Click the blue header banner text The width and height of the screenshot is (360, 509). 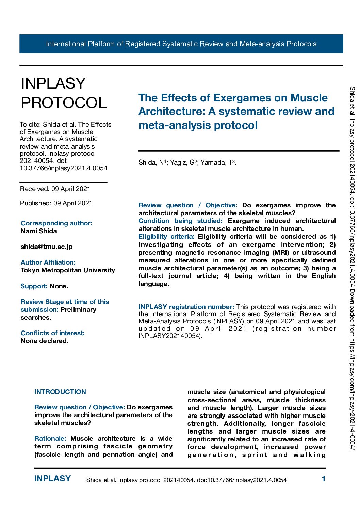[x=181, y=44]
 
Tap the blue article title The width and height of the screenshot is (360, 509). [x=236, y=112]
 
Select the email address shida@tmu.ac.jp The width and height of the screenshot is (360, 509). [x=47, y=247]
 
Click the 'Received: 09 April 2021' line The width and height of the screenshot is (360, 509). [x=55, y=189]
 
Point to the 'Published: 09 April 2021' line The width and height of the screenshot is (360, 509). [x=56, y=203]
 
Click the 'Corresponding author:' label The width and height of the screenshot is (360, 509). [x=56, y=223]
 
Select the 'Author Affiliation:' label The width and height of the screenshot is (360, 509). [x=48, y=262]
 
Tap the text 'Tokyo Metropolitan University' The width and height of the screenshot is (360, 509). [x=68, y=270]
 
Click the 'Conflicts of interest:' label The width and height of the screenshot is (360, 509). [x=53, y=333]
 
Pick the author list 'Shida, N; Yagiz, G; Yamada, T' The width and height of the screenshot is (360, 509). [x=187, y=162]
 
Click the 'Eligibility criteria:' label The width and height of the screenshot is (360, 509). [x=166, y=236]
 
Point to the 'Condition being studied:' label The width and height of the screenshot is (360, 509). [x=180, y=221]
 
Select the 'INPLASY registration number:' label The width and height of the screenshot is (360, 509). [x=186, y=307]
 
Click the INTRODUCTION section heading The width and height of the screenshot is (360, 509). [x=60, y=392]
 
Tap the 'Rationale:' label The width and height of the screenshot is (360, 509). [x=50, y=438]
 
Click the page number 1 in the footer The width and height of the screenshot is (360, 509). [x=324, y=479]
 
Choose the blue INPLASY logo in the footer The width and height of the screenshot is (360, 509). [x=52, y=479]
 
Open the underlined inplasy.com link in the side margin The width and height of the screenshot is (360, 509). [x=352, y=394]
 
